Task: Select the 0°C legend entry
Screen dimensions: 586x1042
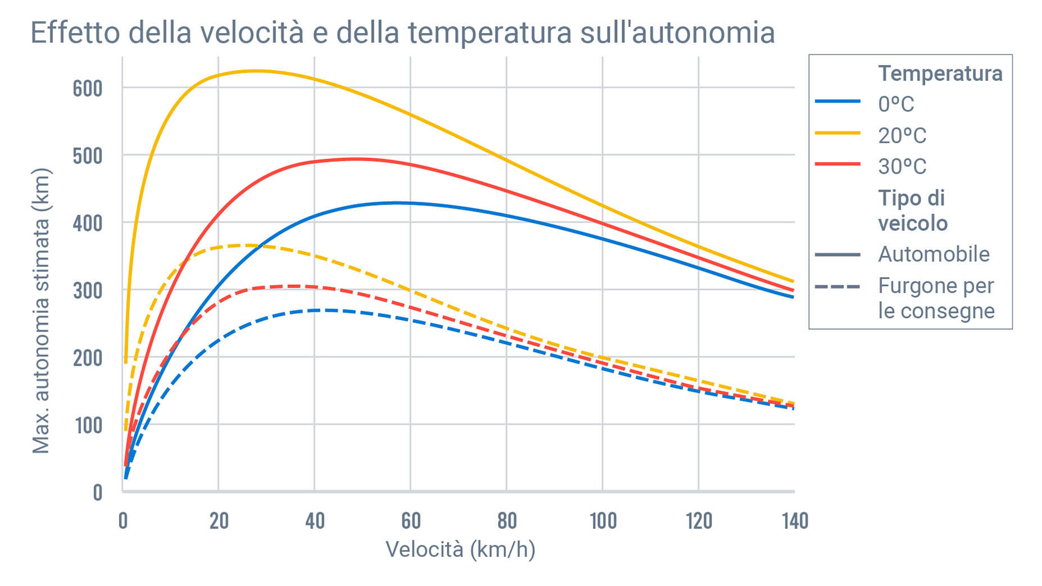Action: point(896,104)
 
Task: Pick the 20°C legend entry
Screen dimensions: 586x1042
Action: point(901,135)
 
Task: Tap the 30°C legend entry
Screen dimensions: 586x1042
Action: point(901,166)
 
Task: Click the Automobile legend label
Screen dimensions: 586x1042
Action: point(933,255)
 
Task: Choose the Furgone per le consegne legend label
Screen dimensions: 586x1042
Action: point(936,298)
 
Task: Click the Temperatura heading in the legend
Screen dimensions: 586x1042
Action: point(940,74)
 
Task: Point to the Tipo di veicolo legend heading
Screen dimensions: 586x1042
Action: point(913,211)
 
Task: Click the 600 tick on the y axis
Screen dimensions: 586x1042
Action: point(88,88)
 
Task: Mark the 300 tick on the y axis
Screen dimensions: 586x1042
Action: point(88,290)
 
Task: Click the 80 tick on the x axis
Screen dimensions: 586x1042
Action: point(507,521)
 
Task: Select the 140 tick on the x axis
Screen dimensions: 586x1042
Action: point(795,521)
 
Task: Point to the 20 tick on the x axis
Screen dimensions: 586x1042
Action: point(219,521)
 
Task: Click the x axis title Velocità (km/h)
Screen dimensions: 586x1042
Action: point(460,549)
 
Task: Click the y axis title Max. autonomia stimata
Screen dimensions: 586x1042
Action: point(41,310)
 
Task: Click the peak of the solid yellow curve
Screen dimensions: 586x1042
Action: point(256,71)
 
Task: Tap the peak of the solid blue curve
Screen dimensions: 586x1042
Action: point(396,202)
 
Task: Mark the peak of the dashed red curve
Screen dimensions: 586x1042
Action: point(295,286)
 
